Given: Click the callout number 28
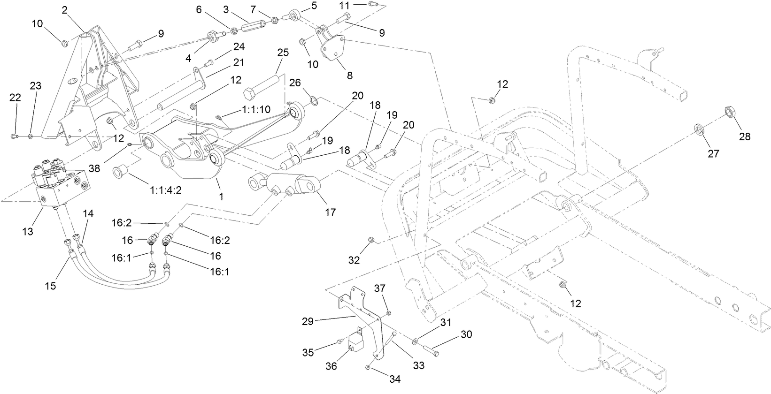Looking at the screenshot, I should click(744, 136).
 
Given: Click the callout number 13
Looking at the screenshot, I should click(28, 231).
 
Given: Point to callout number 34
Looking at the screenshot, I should click(395, 379).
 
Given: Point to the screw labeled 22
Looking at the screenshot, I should click(14, 136).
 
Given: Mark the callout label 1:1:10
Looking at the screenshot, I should click(256, 109).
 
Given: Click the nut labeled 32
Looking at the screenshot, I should click(371, 240).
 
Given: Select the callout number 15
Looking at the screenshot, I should click(50, 285).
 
